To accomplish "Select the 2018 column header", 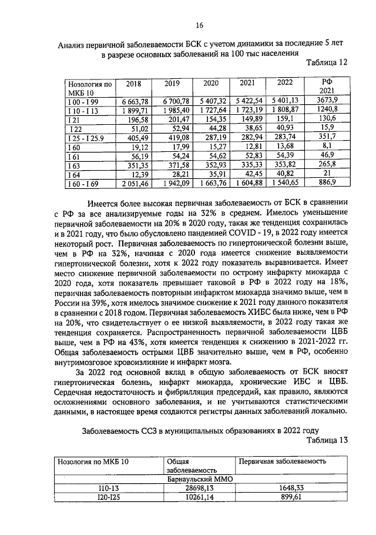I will [x=134, y=84].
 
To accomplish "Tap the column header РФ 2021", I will [x=327, y=87].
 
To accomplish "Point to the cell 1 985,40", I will [x=177, y=110].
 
